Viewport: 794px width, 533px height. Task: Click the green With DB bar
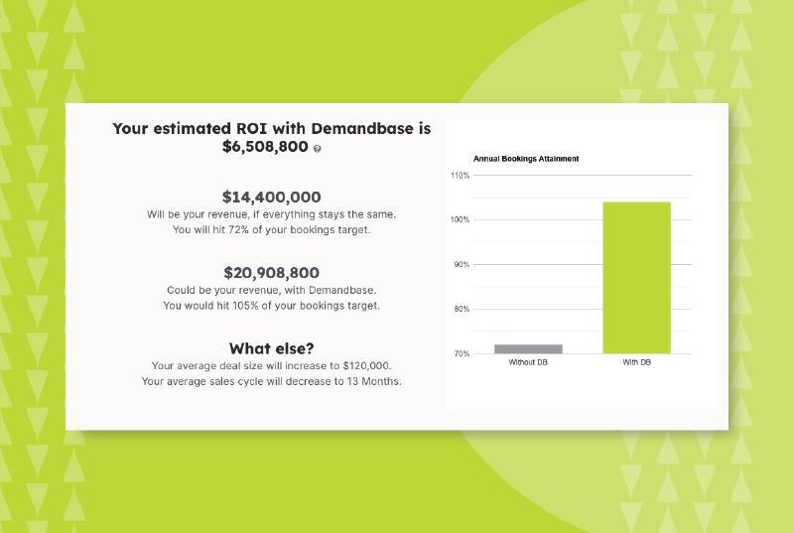tap(636, 277)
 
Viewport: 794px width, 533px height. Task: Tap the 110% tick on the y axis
tap(460, 176)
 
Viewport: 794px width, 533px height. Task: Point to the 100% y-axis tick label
tap(460, 219)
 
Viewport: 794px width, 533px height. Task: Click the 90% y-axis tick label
tap(462, 265)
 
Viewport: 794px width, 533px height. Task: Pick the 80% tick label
tap(462, 310)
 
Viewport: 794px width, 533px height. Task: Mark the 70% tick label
tap(462, 354)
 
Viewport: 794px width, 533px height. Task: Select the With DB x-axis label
tap(636, 363)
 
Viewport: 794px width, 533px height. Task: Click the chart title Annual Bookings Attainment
tap(526, 159)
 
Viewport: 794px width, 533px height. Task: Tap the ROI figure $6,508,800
tap(265, 147)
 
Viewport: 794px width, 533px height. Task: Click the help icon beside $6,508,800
tap(317, 148)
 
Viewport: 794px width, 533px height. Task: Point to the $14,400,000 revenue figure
tap(272, 197)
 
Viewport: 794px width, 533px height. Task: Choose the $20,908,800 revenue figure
tap(272, 271)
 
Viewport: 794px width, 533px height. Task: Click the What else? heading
tap(272, 348)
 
